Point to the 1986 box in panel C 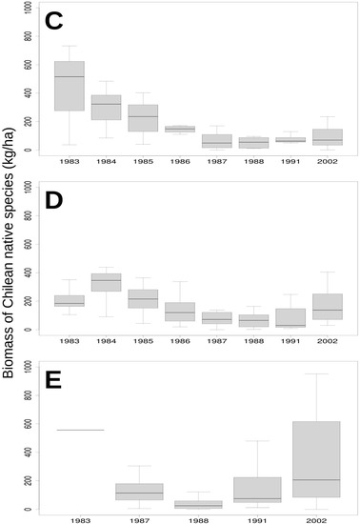[179, 129]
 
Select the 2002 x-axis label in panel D [325, 341]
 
